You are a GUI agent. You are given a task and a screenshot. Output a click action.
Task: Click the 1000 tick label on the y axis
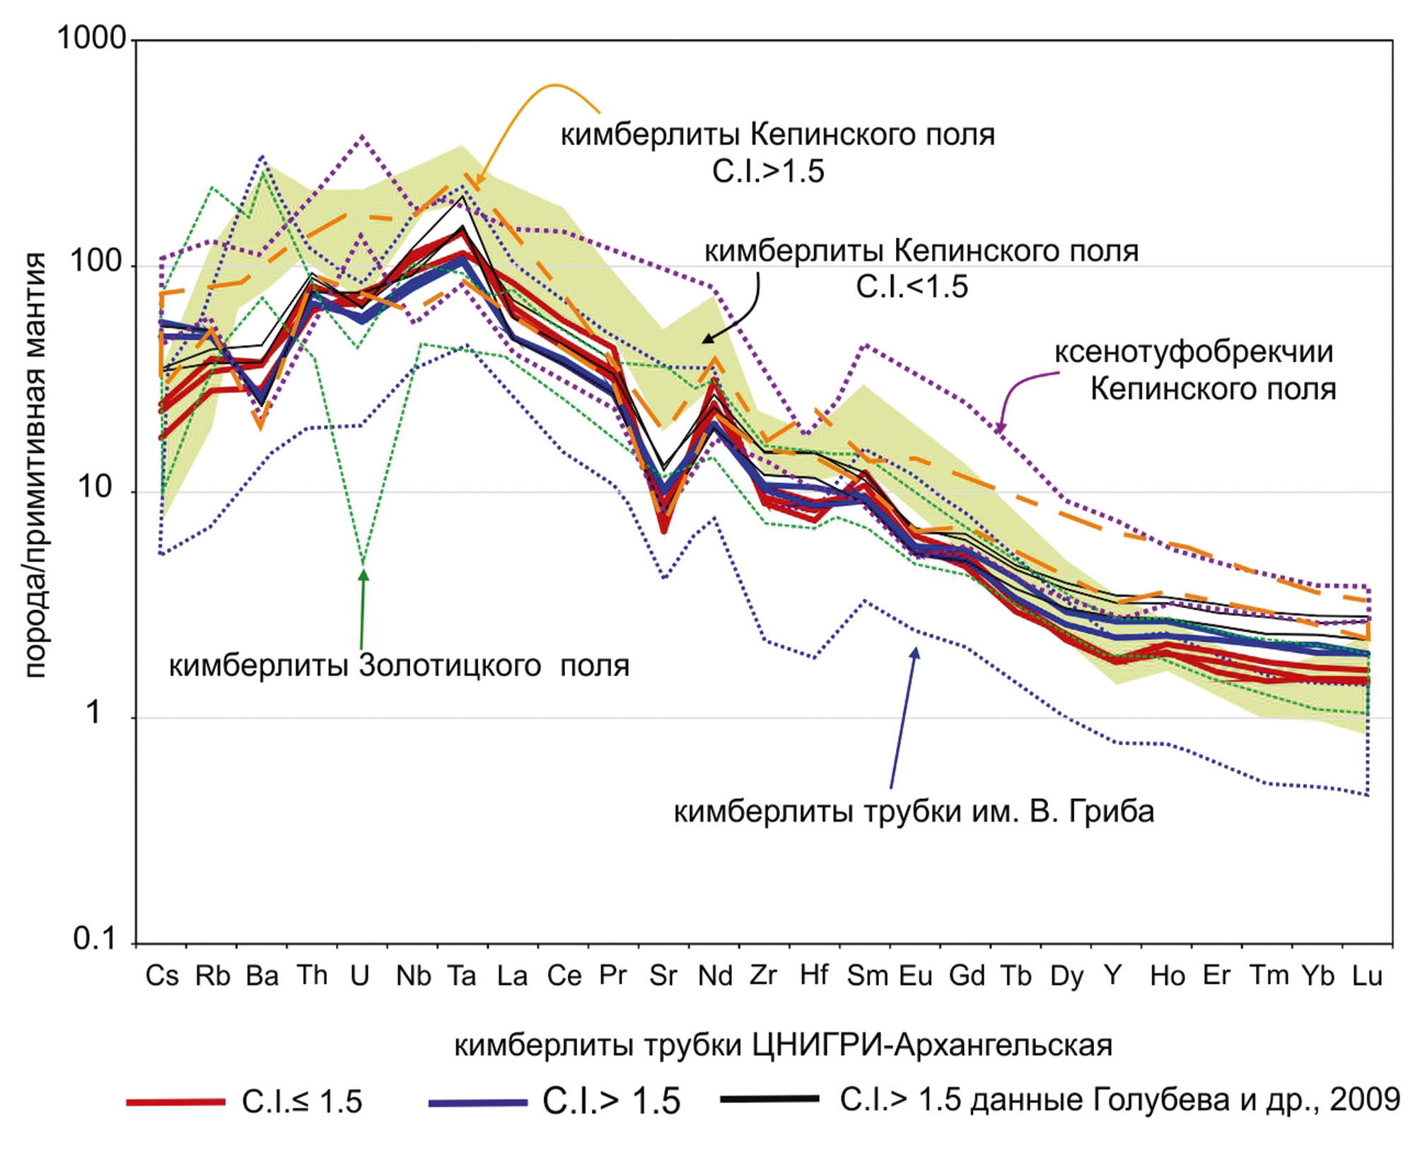(91, 38)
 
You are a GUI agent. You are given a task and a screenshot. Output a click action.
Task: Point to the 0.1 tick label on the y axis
(94, 938)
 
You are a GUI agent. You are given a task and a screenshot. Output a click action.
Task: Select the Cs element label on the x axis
(162, 976)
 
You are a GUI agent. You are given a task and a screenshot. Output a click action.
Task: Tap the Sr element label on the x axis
(663, 976)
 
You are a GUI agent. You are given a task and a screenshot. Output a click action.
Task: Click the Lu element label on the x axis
(1367, 976)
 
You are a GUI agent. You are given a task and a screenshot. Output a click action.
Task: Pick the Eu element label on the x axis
(916, 976)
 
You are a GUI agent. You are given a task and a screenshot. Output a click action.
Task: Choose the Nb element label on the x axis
(413, 976)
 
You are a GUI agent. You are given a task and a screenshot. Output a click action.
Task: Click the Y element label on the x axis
(1113, 976)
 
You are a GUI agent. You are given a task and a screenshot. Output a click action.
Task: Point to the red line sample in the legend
(175, 1102)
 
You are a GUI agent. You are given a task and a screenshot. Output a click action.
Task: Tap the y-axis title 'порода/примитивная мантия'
(35, 465)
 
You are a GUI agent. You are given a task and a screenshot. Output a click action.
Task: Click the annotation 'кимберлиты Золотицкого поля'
(399, 666)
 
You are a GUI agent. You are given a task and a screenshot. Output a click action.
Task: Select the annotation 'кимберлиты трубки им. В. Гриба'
(914, 811)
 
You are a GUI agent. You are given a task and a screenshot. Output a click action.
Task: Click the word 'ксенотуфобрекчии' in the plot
(1194, 352)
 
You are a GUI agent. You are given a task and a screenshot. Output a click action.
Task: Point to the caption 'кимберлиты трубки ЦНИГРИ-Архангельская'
(783, 1045)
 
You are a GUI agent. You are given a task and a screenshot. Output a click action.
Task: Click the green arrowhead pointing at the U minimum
(363, 576)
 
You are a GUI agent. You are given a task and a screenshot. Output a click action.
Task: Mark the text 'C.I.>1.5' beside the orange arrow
(768, 172)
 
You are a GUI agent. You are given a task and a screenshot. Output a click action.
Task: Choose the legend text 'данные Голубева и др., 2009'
(1185, 1100)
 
